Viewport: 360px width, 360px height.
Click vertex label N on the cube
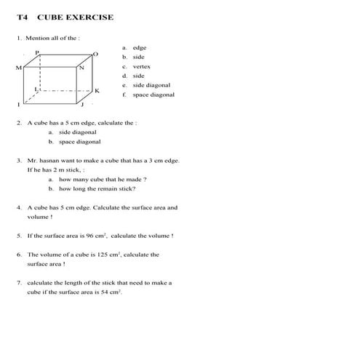tap(81, 68)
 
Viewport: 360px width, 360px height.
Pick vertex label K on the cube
tap(97, 90)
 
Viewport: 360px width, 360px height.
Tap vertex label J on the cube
tap(82, 105)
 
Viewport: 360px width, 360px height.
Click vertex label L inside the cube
tap(36, 88)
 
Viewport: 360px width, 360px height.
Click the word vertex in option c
tap(141, 66)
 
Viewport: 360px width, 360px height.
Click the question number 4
tap(19, 207)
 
